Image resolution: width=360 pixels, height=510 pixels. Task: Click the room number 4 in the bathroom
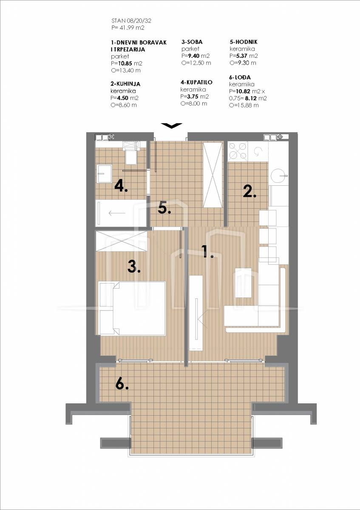(121, 186)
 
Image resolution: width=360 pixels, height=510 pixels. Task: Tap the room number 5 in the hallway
(164, 208)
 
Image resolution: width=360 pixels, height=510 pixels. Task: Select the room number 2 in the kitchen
(249, 191)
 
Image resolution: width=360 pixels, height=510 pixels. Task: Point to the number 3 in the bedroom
(134, 266)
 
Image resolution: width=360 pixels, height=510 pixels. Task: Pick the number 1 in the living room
(208, 252)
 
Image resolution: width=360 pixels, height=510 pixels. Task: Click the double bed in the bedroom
(132, 308)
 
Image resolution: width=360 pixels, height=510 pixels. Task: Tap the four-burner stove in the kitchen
(238, 150)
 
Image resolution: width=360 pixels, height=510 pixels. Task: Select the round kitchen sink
(279, 176)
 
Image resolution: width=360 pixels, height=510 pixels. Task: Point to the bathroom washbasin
(104, 174)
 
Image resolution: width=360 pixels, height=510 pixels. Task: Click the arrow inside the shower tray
(117, 213)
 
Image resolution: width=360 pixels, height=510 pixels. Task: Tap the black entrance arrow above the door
(172, 126)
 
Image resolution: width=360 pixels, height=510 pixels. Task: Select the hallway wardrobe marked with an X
(213, 175)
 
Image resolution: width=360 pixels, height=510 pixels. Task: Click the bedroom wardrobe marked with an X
(122, 241)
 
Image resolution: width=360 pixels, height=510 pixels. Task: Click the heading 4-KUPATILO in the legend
(196, 82)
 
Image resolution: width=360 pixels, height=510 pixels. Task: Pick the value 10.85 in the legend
(125, 63)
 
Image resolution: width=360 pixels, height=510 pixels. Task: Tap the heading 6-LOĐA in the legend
(240, 77)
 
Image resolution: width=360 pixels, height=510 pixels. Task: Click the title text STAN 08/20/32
(131, 21)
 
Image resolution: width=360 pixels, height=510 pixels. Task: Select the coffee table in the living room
(243, 283)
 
